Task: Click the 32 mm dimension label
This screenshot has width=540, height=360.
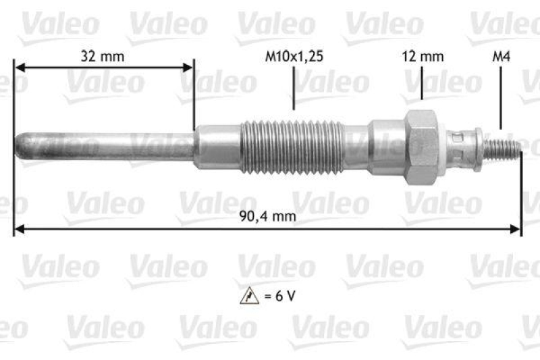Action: tap(103, 57)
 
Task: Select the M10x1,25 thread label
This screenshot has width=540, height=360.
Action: tap(294, 57)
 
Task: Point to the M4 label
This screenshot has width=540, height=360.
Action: tap(501, 57)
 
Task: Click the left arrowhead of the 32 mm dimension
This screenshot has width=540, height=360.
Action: tap(18, 68)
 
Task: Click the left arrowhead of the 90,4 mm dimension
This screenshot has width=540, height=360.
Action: tap(18, 230)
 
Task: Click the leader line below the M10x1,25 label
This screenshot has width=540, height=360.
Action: tap(294, 88)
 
